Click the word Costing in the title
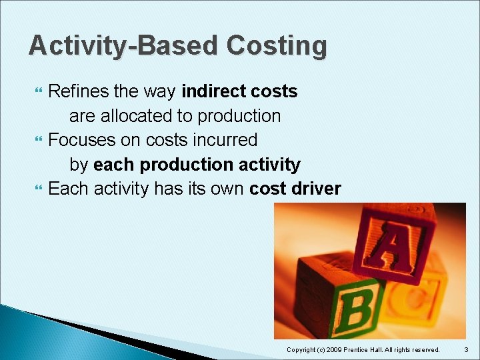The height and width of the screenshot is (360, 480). coord(277,46)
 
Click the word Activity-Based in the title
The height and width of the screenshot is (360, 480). coord(123,46)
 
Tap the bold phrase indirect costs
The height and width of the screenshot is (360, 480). coord(239,91)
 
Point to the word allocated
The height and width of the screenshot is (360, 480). coord(137,116)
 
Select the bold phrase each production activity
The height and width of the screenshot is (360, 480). coord(197,165)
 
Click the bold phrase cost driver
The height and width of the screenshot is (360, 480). coord(295,189)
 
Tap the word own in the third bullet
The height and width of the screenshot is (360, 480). coord(227,189)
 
